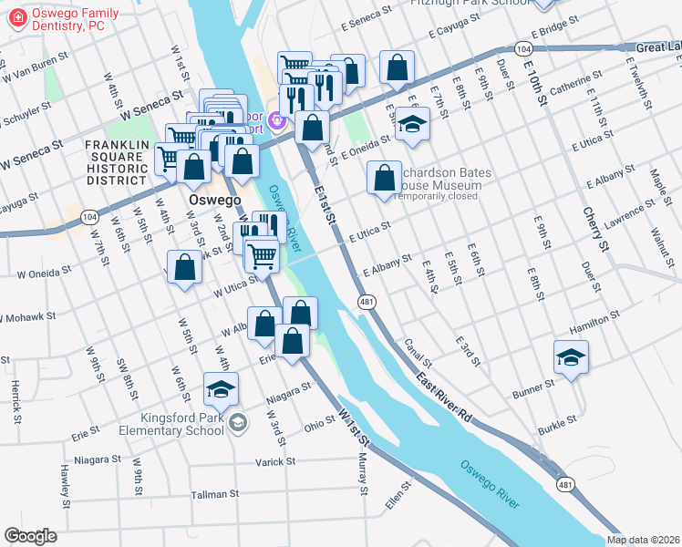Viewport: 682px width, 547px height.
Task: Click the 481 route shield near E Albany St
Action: click(367, 302)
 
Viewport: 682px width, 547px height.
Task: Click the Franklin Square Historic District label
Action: click(117, 162)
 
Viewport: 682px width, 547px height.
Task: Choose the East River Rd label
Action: click(444, 396)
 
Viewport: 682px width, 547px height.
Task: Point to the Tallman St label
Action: click(214, 493)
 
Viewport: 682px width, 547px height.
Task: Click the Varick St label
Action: click(275, 462)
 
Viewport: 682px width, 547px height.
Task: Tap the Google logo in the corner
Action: click(30, 536)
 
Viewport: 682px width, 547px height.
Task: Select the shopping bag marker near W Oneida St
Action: click(184, 267)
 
